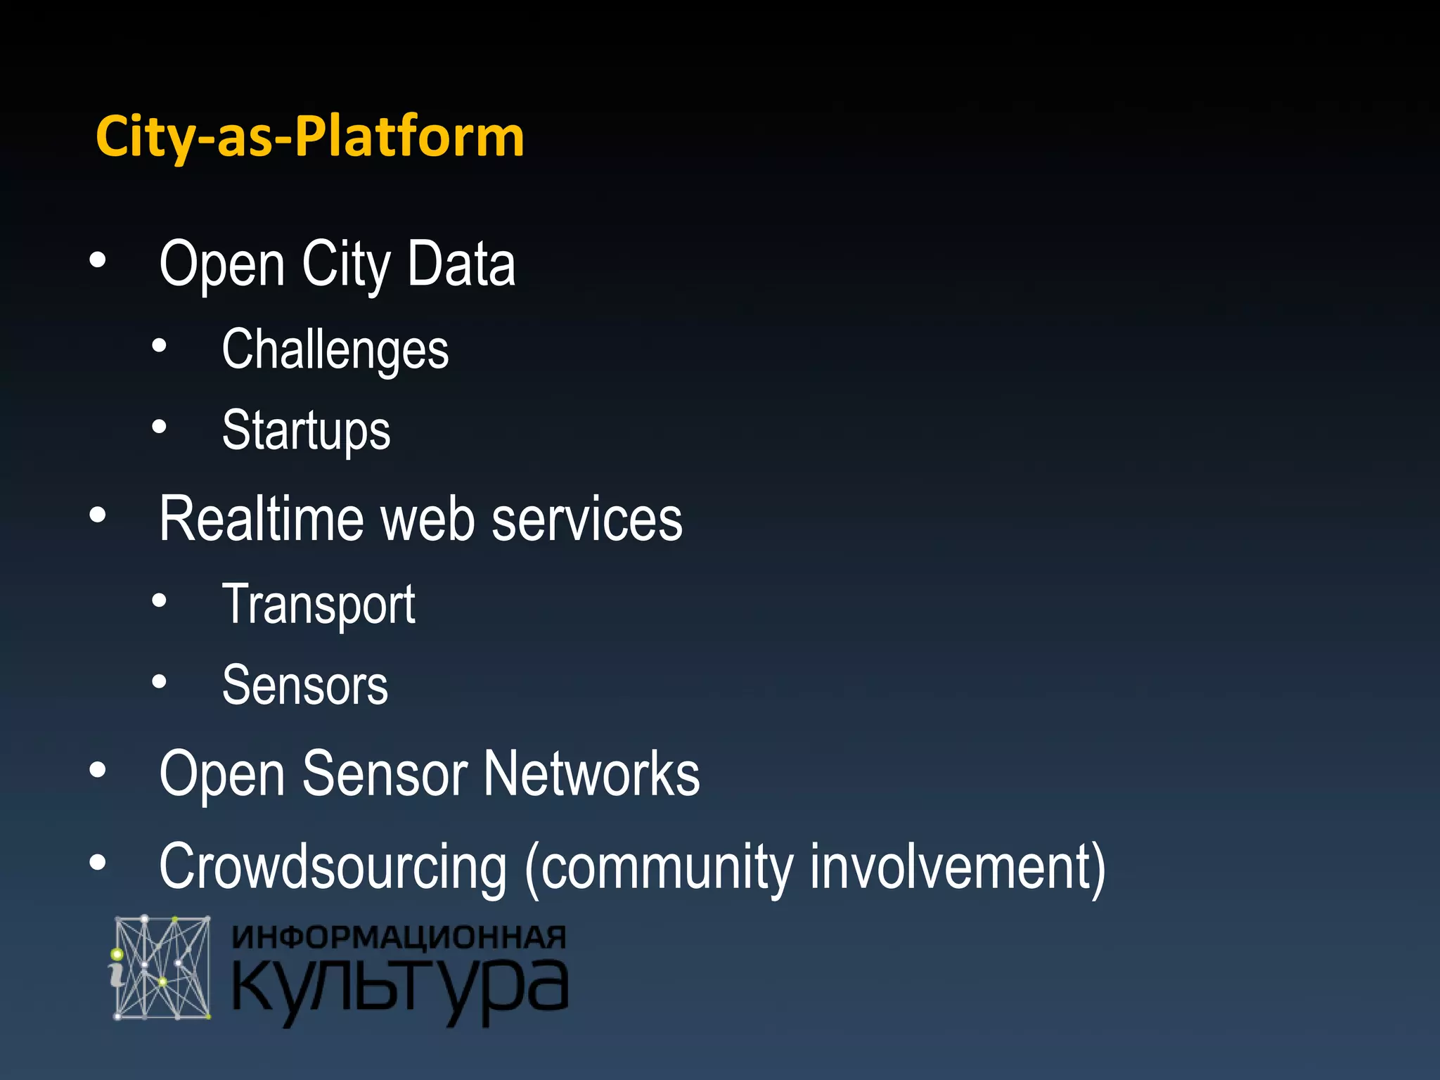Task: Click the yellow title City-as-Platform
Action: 310,136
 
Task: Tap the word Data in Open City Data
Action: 461,264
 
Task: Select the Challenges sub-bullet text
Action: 335,350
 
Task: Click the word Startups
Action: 306,431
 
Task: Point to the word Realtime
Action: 260,519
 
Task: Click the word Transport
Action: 319,605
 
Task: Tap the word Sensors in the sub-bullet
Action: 305,686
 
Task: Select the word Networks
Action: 591,773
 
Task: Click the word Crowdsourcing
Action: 333,867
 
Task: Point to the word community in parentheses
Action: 665,867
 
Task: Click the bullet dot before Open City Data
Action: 98,261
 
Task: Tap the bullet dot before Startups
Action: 160,427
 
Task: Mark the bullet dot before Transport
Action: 160,600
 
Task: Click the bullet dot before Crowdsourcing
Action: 98,862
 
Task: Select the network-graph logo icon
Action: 161,967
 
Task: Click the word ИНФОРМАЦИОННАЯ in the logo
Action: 399,938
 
